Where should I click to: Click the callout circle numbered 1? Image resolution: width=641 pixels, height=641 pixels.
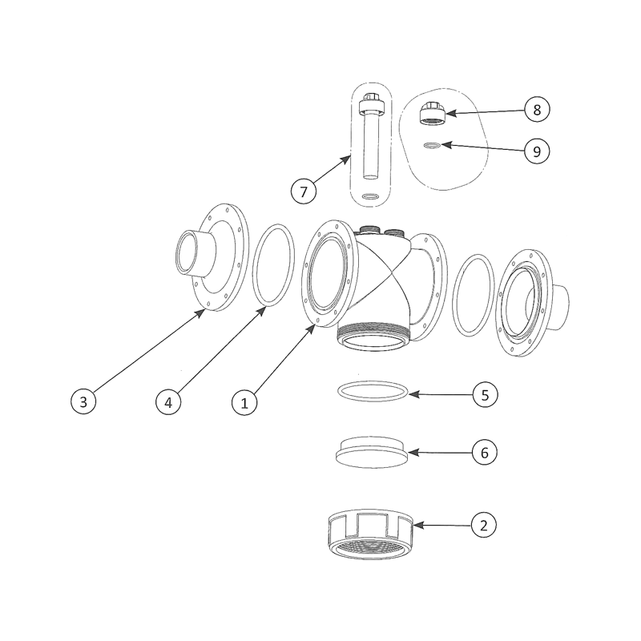coord(244,403)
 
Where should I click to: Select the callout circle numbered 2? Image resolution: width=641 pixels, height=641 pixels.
coord(484,525)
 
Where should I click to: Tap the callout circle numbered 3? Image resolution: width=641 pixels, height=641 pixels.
coord(83,401)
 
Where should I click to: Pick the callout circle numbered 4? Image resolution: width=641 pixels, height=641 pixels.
coord(168,402)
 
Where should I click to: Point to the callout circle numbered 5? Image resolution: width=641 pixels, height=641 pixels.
coord(486,395)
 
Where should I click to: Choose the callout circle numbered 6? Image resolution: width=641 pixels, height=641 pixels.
coord(485,453)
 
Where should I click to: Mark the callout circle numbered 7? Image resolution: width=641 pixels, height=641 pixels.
coord(304,191)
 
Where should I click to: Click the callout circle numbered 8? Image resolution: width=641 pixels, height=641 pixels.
coord(537,109)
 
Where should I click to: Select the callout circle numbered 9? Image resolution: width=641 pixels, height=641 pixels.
coord(537,151)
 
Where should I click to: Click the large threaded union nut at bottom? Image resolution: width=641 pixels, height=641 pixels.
coord(371,534)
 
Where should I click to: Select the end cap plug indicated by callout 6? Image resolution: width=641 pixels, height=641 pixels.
coord(372,452)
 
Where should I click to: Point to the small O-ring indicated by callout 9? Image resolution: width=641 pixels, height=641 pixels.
coord(433,145)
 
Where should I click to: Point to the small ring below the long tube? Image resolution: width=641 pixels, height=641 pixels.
coord(371,197)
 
